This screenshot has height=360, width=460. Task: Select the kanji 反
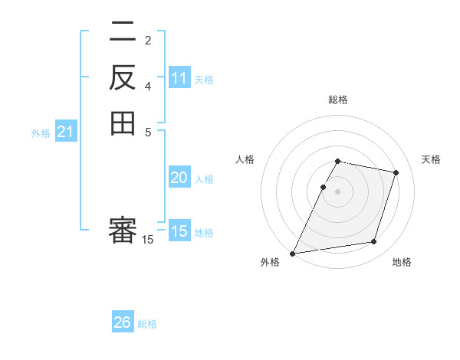tap(123, 77)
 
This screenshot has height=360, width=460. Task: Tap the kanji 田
tap(123, 123)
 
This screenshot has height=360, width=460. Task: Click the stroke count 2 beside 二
tap(148, 41)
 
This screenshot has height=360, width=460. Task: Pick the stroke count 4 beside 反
tap(148, 86)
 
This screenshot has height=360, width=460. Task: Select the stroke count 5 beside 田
tap(148, 131)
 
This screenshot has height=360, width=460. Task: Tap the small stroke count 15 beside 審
tap(148, 240)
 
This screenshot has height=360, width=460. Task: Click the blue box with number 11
tap(179, 78)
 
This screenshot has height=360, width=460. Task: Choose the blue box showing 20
tap(179, 178)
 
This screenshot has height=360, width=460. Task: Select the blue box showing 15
tap(179, 231)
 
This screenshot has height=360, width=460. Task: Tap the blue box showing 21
tap(66, 133)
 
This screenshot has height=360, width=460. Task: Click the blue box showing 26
tap(123, 322)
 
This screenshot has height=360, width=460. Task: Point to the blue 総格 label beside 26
tap(147, 324)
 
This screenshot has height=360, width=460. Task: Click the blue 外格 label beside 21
tap(41, 133)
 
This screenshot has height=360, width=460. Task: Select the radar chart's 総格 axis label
tap(338, 100)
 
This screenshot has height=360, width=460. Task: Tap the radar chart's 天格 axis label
tap(431, 159)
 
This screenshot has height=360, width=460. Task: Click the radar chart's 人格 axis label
tap(245, 159)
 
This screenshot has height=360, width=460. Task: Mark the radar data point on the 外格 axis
tap(293, 253)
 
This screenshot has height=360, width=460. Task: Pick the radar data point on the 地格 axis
tap(374, 242)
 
